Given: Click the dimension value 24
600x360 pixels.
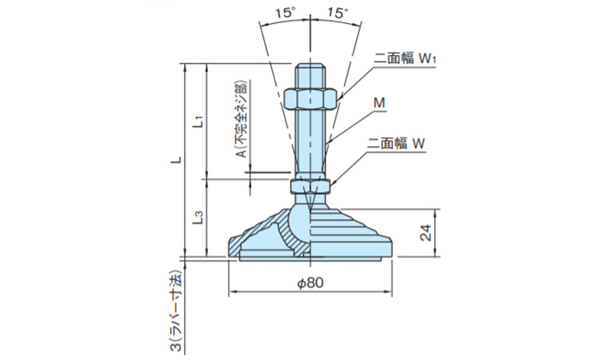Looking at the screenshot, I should (x=426, y=234).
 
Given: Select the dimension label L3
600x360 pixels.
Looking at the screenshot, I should (x=201, y=217).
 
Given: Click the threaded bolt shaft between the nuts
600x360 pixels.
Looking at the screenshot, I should (x=309, y=144).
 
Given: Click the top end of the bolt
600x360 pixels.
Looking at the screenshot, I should (x=309, y=70).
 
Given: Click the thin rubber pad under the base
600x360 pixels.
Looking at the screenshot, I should (x=310, y=258).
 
